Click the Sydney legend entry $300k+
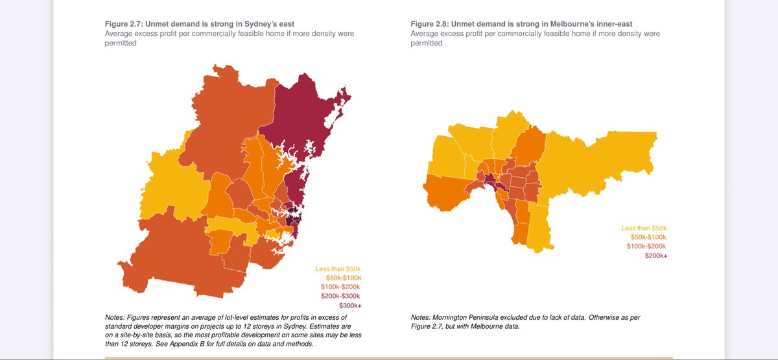pyautogui.click(x=350, y=306)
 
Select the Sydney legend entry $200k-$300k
pyautogui.click(x=340, y=296)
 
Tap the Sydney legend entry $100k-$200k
pyautogui.click(x=340, y=287)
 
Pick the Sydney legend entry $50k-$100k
pyautogui.click(x=344, y=278)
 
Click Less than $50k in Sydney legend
pyautogui.click(x=338, y=269)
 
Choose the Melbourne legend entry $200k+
pyautogui.click(x=656, y=256)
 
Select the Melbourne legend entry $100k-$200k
pyautogui.click(x=646, y=246)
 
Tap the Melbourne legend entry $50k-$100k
pyautogui.click(x=648, y=237)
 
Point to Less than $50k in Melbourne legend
pyautogui.click(x=644, y=228)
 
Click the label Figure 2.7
pyautogui.click(x=123, y=24)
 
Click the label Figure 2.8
pyautogui.click(x=429, y=24)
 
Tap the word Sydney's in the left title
pyautogui.click(x=259, y=24)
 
